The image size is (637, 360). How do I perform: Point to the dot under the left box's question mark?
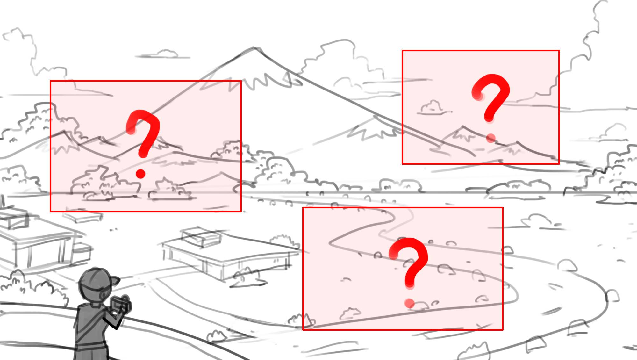pos(140,174)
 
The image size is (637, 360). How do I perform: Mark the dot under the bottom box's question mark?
pos(410,303)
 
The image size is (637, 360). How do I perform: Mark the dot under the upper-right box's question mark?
pos(491,138)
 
